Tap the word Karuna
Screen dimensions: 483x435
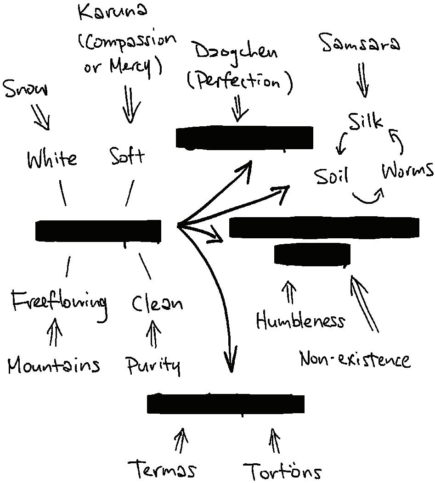coord(113,12)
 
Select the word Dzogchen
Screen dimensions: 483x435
coord(237,52)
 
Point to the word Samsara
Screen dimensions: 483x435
coord(361,44)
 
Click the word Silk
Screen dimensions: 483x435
coord(365,122)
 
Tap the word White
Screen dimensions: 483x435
coord(52,159)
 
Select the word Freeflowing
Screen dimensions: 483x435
coord(59,303)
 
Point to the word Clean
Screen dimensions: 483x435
coord(157,303)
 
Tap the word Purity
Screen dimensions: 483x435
coord(153,366)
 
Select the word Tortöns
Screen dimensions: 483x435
coord(282,471)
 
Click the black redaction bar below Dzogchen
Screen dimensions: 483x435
coord(245,137)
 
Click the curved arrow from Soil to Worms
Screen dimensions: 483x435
coord(368,197)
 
